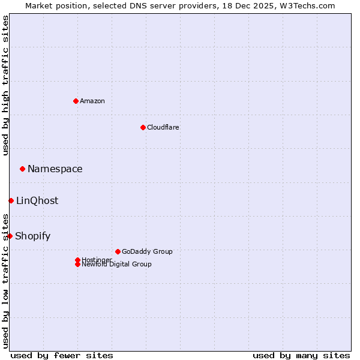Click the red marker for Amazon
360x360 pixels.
pyautogui.click(x=76, y=101)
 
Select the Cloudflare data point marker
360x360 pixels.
pyautogui.click(x=143, y=127)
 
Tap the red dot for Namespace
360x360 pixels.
pyautogui.click(x=22, y=169)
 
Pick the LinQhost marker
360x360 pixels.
pyautogui.click(x=11, y=200)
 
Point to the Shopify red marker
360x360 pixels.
pyautogui.click(x=10, y=236)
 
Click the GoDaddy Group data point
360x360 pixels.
pyautogui.click(x=118, y=251)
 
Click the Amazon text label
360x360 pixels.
pyautogui.click(x=92, y=101)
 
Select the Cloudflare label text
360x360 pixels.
pyautogui.click(x=163, y=127)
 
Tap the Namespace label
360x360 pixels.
pyautogui.click(x=55, y=169)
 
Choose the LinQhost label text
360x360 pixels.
pyautogui.click(x=37, y=201)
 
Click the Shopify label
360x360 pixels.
pyautogui.click(x=33, y=236)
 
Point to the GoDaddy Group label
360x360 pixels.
pyautogui.click(x=147, y=251)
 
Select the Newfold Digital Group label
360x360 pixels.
pyautogui.click(x=116, y=264)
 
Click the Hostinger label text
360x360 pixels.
pyautogui.click(x=96, y=259)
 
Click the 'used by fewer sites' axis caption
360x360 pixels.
pyautogui.click(x=62, y=355)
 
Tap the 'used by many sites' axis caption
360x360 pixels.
pyautogui.click(x=301, y=355)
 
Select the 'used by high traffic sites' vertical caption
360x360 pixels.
pyautogui.click(x=6, y=85)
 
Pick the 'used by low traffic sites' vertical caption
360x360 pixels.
pyautogui.click(x=6, y=280)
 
